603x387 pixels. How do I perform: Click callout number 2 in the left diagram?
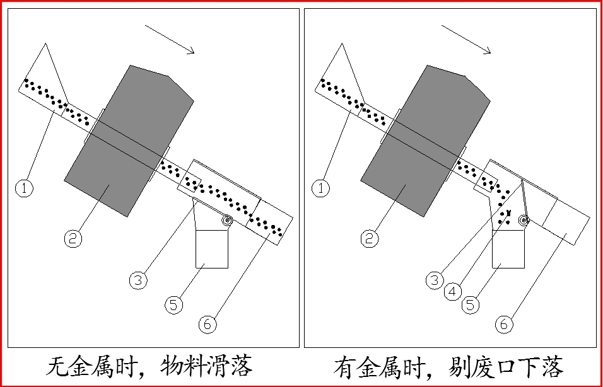[73, 238]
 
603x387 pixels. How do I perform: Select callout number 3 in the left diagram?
[138, 279]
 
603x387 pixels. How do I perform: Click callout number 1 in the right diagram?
[322, 188]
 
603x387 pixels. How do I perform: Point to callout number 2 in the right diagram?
[369, 238]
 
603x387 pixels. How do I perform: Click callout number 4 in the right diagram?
[452, 292]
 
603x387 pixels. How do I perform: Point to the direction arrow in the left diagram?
[170, 40]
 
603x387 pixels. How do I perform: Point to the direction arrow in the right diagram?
[466, 40]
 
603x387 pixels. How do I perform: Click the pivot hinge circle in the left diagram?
[227, 221]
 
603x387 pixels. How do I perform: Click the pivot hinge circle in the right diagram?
[523, 220]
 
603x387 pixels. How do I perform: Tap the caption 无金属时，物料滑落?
[150, 366]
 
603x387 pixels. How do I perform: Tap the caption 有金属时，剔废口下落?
[448, 366]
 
